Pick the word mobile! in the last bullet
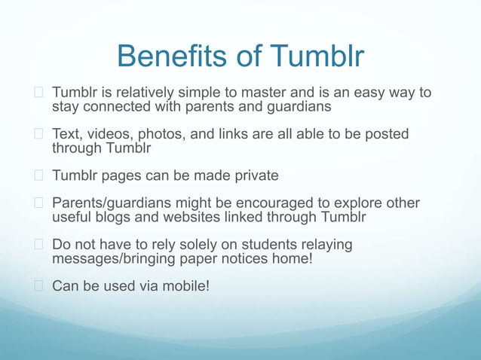(186, 286)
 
